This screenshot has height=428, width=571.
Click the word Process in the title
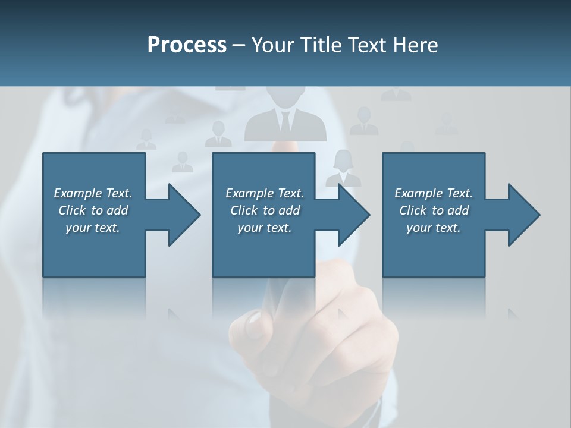187,45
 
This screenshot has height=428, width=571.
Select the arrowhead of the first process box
184,215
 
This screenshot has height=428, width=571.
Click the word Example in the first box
77,193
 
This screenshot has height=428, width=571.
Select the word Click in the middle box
243,210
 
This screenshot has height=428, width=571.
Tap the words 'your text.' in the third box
433,228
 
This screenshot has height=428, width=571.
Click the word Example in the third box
418,193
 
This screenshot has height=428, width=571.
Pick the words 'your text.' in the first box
92,228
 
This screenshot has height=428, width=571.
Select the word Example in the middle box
249,193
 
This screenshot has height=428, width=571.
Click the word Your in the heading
272,45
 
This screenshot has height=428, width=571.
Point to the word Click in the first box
71,210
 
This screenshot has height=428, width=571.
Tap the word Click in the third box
412,210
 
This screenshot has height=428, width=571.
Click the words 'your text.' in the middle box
264,228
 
